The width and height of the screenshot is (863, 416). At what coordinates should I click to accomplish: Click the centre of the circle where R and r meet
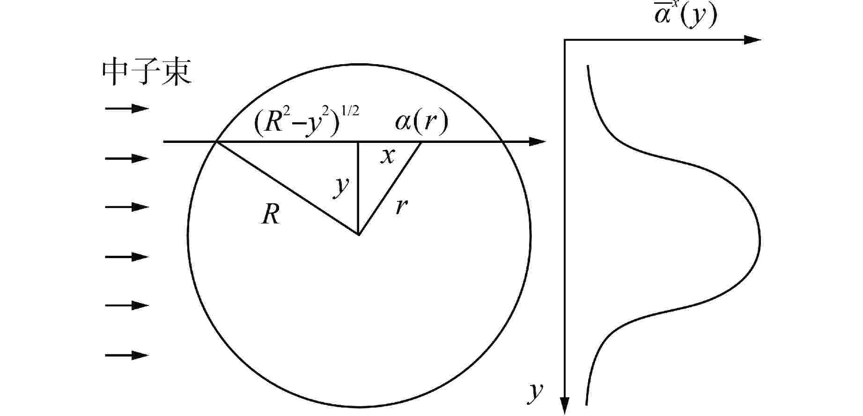click(x=359, y=234)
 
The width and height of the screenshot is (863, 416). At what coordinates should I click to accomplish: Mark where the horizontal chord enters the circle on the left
click(x=215, y=141)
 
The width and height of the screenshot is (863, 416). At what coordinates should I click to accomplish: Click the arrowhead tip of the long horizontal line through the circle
click(x=546, y=141)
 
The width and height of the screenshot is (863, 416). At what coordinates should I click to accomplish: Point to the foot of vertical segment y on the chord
click(x=359, y=141)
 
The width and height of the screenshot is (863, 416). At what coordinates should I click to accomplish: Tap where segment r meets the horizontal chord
click(x=420, y=141)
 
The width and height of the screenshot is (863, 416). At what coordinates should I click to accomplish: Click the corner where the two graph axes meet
click(x=565, y=40)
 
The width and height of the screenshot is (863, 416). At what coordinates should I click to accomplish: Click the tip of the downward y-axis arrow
click(x=565, y=414)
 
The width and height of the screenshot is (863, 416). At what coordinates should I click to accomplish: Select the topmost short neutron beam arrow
click(x=127, y=109)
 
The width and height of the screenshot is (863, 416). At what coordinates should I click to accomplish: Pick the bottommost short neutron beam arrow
click(x=127, y=355)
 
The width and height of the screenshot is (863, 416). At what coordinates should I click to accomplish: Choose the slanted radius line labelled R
click(x=287, y=188)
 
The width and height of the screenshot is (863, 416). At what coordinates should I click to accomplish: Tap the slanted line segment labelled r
click(x=390, y=188)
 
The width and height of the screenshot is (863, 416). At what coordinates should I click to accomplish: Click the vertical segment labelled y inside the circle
click(x=359, y=188)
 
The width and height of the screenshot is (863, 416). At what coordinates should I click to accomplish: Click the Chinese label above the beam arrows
click(x=147, y=74)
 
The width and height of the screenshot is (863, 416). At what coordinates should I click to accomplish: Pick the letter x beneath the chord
click(x=387, y=156)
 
